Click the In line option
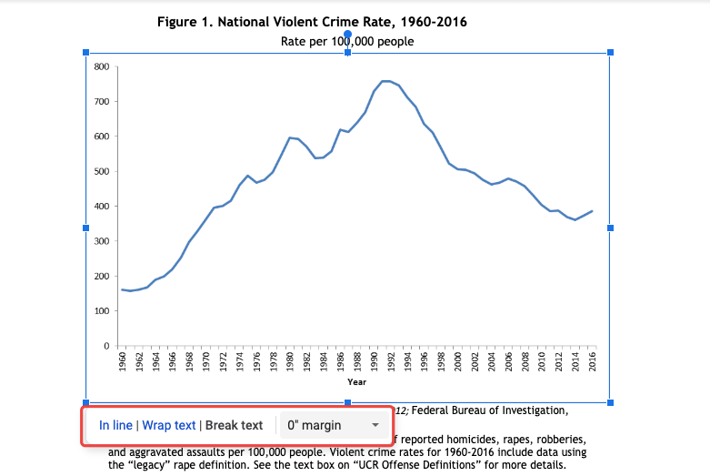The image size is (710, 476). [115, 425]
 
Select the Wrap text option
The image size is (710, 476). [169, 425]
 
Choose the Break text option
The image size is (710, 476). [234, 425]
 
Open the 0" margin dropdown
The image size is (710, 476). [333, 425]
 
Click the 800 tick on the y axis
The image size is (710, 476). [101, 66]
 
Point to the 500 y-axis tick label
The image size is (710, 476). [101, 171]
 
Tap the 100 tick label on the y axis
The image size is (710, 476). [101, 311]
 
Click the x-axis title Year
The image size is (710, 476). [356, 382]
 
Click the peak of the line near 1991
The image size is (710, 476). [385, 81]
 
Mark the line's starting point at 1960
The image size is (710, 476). [123, 289]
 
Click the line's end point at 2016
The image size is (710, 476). [592, 211]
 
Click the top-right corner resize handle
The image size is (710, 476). [610, 53]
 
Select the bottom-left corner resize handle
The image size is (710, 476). [86, 402]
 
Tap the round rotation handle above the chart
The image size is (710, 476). [348, 34]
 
